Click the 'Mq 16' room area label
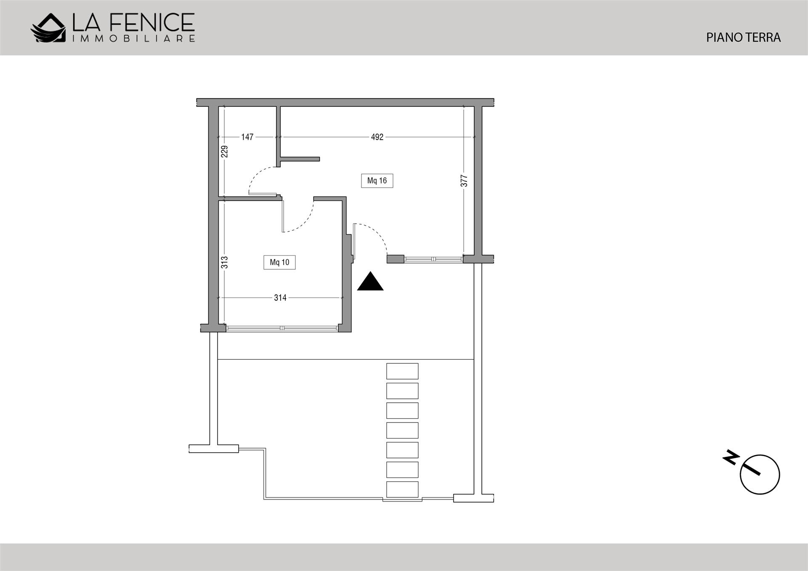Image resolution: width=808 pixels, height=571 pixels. click(377, 181)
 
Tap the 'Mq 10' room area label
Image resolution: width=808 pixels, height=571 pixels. click(279, 262)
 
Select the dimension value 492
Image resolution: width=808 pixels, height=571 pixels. click(377, 137)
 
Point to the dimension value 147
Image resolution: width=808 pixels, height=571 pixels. click(247, 137)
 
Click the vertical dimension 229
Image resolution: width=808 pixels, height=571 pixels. click(224, 151)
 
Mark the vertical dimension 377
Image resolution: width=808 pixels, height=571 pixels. click(464, 181)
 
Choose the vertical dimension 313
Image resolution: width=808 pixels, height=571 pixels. click(224, 263)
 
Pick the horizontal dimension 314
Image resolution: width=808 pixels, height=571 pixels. click(280, 297)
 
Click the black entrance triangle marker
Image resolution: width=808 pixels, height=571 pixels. click(370, 282)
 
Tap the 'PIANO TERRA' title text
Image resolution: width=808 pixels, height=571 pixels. click(743, 37)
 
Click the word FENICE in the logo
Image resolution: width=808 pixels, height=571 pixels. click(151, 22)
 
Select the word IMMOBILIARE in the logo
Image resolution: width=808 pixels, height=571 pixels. click(134, 39)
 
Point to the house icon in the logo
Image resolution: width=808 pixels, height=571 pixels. click(48, 28)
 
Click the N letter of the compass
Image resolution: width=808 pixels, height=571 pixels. click(731, 457)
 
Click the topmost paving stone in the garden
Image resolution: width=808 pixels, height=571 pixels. click(402, 371)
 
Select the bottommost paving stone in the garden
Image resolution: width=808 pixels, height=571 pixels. click(402, 489)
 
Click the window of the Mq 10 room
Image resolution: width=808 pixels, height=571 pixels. click(281, 328)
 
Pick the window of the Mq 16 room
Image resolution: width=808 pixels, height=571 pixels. click(433, 259)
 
